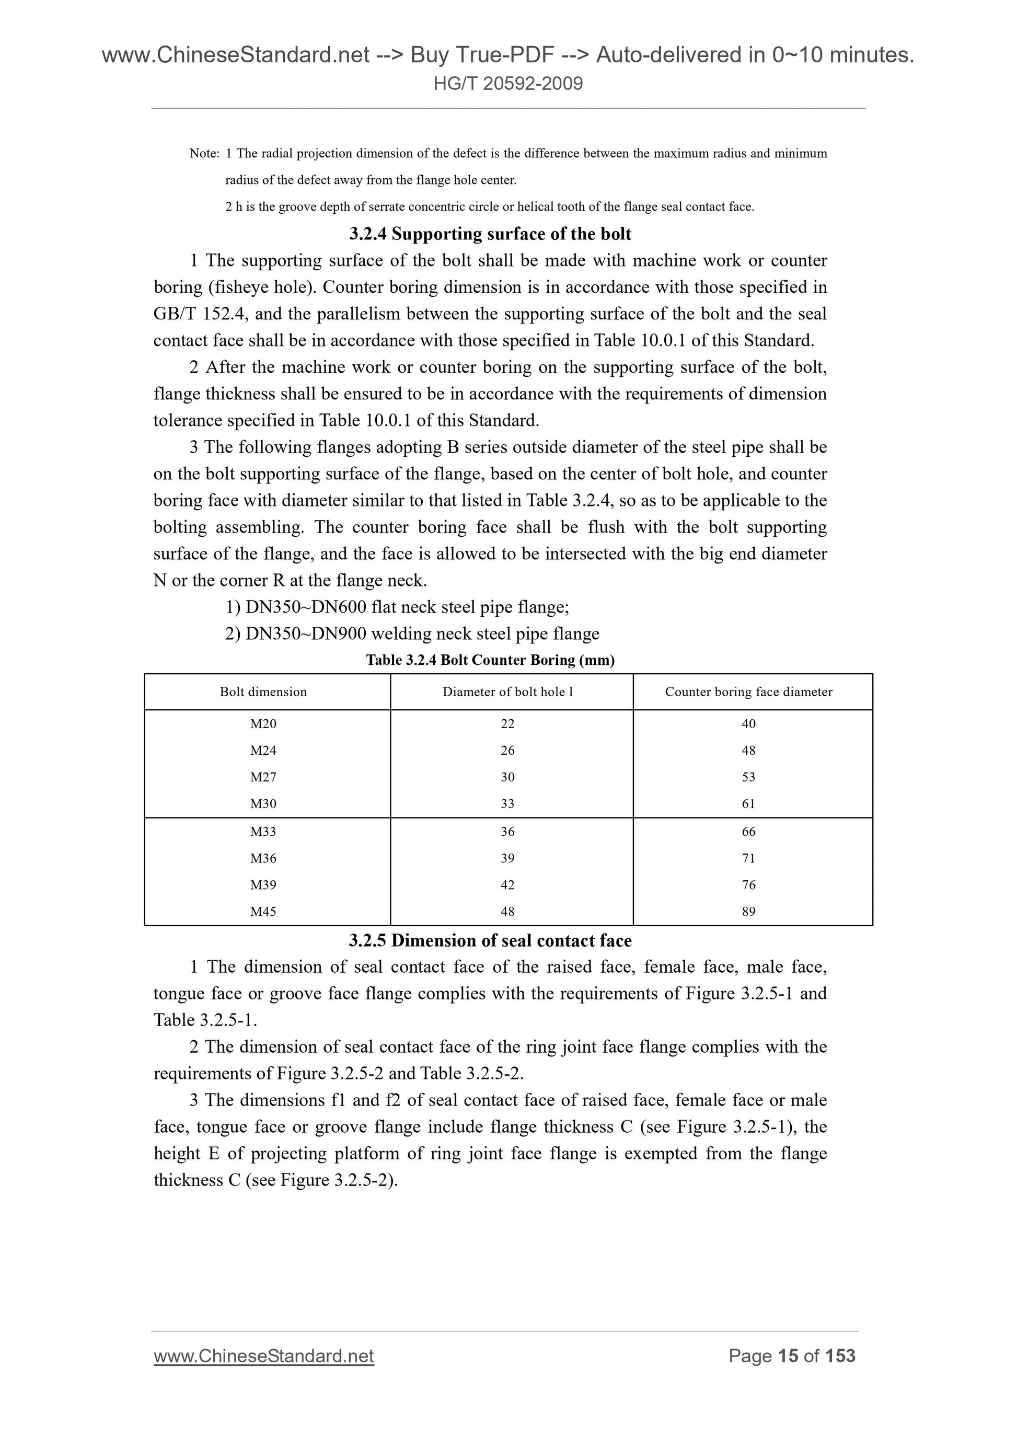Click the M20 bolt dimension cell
(x=263, y=724)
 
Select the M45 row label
(x=263, y=912)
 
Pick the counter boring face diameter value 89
(x=748, y=912)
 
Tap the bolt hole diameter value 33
(x=507, y=804)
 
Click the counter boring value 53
(x=748, y=777)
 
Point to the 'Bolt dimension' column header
(x=263, y=692)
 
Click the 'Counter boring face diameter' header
(x=748, y=692)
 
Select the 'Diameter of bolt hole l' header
(x=507, y=692)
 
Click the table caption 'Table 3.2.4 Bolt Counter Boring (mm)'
(x=490, y=660)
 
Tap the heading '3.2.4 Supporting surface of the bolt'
(x=490, y=234)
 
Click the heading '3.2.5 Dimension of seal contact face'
(x=490, y=941)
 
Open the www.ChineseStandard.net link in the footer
(x=264, y=1356)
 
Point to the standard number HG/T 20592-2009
(x=508, y=83)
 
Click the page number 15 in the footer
(x=788, y=1356)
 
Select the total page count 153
(x=840, y=1356)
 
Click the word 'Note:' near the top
(x=204, y=154)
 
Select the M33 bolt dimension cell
(x=263, y=832)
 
